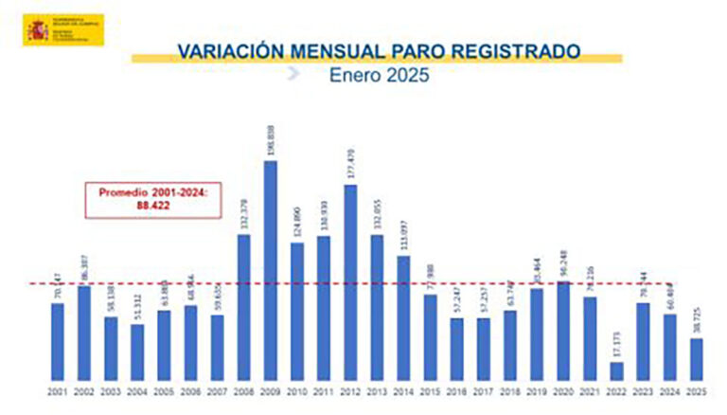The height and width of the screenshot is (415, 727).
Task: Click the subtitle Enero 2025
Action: pyautogui.click(x=379, y=75)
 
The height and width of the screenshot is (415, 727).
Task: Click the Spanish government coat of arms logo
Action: pyautogui.click(x=37, y=29)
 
